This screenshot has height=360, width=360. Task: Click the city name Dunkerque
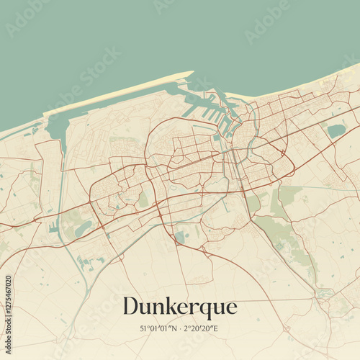pyautogui.click(x=180, y=307)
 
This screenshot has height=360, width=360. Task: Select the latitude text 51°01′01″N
pyautogui.click(x=158, y=328)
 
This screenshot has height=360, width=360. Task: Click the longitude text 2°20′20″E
pyautogui.click(x=201, y=328)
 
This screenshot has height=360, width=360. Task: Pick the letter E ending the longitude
pyautogui.click(x=217, y=328)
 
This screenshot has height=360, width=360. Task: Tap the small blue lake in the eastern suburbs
pyautogui.click(x=336, y=131)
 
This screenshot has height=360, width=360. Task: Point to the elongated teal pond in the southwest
pyautogui.click(x=84, y=228)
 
